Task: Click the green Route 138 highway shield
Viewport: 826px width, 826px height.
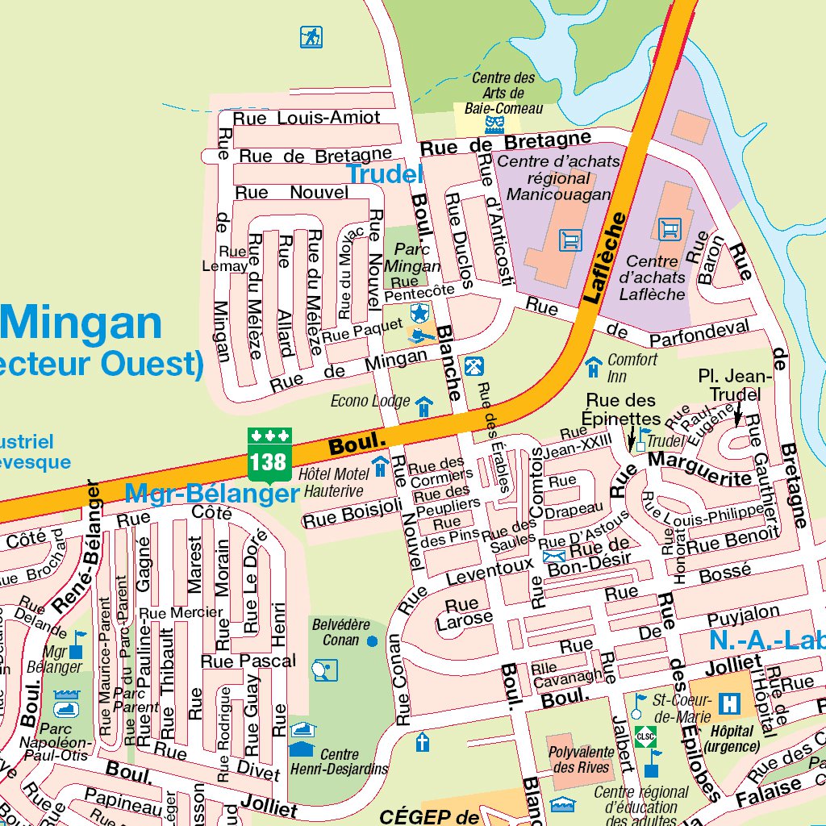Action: click(269, 456)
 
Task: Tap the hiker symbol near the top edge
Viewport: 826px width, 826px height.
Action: click(311, 37)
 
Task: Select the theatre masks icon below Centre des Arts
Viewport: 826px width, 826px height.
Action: click(495, 123)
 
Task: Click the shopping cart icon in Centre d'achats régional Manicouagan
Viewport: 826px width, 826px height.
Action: click(570, 240)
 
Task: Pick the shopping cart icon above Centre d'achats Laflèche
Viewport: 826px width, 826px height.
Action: click(669, 229)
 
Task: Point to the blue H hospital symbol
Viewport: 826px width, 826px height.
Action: click(730, 703)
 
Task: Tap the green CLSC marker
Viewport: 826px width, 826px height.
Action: click(645, 735)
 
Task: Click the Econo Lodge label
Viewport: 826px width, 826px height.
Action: click(371, 401)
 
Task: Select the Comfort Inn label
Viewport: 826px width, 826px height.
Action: click(632, 368)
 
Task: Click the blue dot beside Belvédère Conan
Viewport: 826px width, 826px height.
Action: click(372, 641)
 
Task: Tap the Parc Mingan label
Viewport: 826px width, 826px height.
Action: click(412, 258)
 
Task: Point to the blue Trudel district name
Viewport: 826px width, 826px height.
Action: click(384, 173)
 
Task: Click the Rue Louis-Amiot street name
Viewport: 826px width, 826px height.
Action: click(307, 118)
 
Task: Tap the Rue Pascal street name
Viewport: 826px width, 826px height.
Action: click(248, 661)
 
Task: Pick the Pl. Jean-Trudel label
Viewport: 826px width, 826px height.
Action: click(735, 385)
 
